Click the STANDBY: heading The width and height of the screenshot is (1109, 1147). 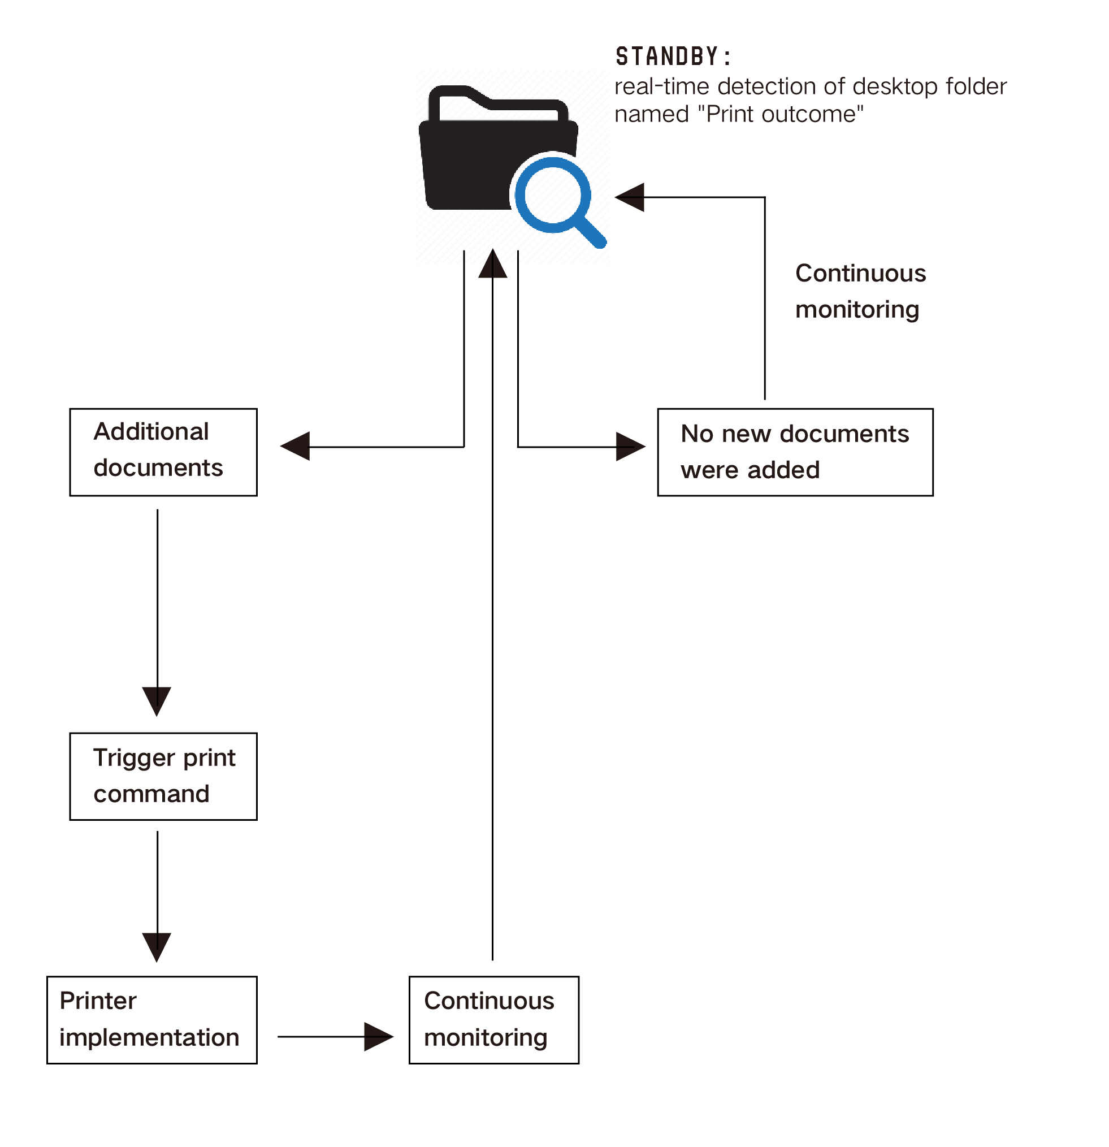pos(673,57)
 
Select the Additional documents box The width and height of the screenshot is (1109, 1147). pos(163,452)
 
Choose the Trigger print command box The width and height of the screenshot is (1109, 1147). pos(163,777)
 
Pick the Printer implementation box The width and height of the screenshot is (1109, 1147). pos(151,1020)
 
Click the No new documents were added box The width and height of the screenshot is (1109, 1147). pos(795,452)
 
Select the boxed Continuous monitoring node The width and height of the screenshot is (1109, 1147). pos(494,1020)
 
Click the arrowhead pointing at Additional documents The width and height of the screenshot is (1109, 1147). pos(295,447)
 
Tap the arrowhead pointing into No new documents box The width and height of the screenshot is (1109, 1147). pos(631,447)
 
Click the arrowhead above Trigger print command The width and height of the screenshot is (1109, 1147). pos(157,702)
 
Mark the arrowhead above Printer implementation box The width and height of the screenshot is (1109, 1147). pos(157,947)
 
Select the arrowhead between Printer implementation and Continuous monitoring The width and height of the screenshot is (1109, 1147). pos(379,1036)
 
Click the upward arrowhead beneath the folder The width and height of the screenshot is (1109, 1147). pos(493,263)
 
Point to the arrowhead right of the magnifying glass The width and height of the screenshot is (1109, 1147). pos(630,197)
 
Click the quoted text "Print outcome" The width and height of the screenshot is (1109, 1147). pos(781,114)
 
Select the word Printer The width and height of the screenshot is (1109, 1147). pos(98,1001)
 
